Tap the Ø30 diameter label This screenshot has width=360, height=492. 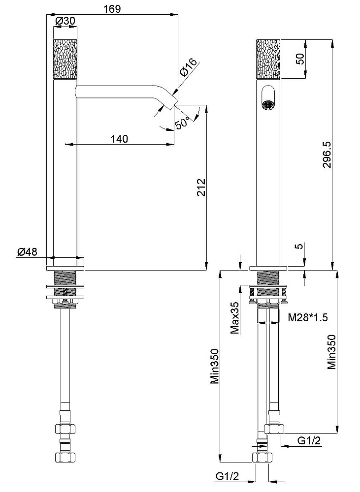coord(65,21)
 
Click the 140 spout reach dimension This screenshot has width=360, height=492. coord(120,138)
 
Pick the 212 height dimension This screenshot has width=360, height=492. coord(201,187)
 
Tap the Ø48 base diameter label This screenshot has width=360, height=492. coord(27,251)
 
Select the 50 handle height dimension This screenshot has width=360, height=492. coord(300,59)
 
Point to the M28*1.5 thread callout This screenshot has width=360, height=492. coord(308,317)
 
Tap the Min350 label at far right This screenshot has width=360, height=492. coord(332,352)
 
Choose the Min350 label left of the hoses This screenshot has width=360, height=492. coord(215,366)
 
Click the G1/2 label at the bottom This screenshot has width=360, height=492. coord(227,476)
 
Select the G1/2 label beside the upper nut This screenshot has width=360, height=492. coord(309,440)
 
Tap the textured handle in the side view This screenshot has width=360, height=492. coord(65,59)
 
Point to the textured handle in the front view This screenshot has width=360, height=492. coord(268,59)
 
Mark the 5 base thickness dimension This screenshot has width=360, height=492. coord(300,246)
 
